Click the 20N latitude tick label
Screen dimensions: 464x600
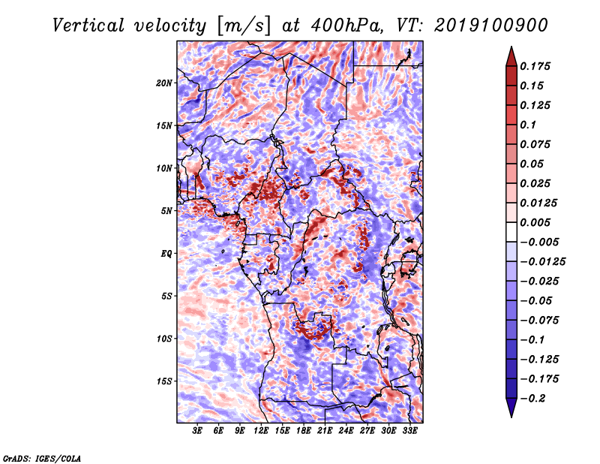pyautogui.click(x=163, y=83)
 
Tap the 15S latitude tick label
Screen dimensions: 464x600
pyautogui.click(x=163, y=381)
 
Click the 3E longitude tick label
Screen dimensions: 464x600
pyautogui.click(x=198, y=432)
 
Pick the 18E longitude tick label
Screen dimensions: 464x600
pyautogui.click(x=304, y=432)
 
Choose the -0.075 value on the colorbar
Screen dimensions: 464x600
pyautogui.click(x=542, y=320)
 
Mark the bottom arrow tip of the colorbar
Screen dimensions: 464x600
pyautogui.click(x=511, y=415)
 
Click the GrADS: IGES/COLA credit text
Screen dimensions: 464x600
pyautogui.click(x=41, y=456)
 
